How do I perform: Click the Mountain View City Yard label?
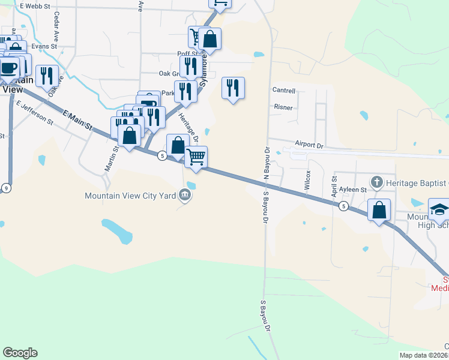pyautogui.click(x=131, y=195)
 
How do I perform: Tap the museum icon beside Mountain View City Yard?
pyautogui.click(x=185, y=194)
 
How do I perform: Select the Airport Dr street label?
pyautogui.click(x=309, y=145)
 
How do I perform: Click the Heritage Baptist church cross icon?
pyautogui.click(x=376, y=181)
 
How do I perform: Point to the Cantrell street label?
pyautogui.click(x=284, y=91)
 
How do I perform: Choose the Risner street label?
pyautogui.click(x=283, y=107)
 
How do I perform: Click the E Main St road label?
pyautogui.click(x=77, y=118)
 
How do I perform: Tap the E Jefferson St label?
pyautogui.click(x=35, y=113)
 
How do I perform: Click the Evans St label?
pyautogui.click(x=44, y=46)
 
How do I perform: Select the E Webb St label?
pyautogui.click(x=34, y=6)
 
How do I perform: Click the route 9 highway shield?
pyautogui.click(x=6, y=188)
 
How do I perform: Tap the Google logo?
pyautogui.click(x=20, y=353)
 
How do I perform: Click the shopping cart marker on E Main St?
pyautogui.click(x=196, y=158)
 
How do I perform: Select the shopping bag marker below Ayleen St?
pyautogui.click(x=379, y=210)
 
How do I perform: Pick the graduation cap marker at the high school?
pyautogui.click(x=439, y=209)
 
